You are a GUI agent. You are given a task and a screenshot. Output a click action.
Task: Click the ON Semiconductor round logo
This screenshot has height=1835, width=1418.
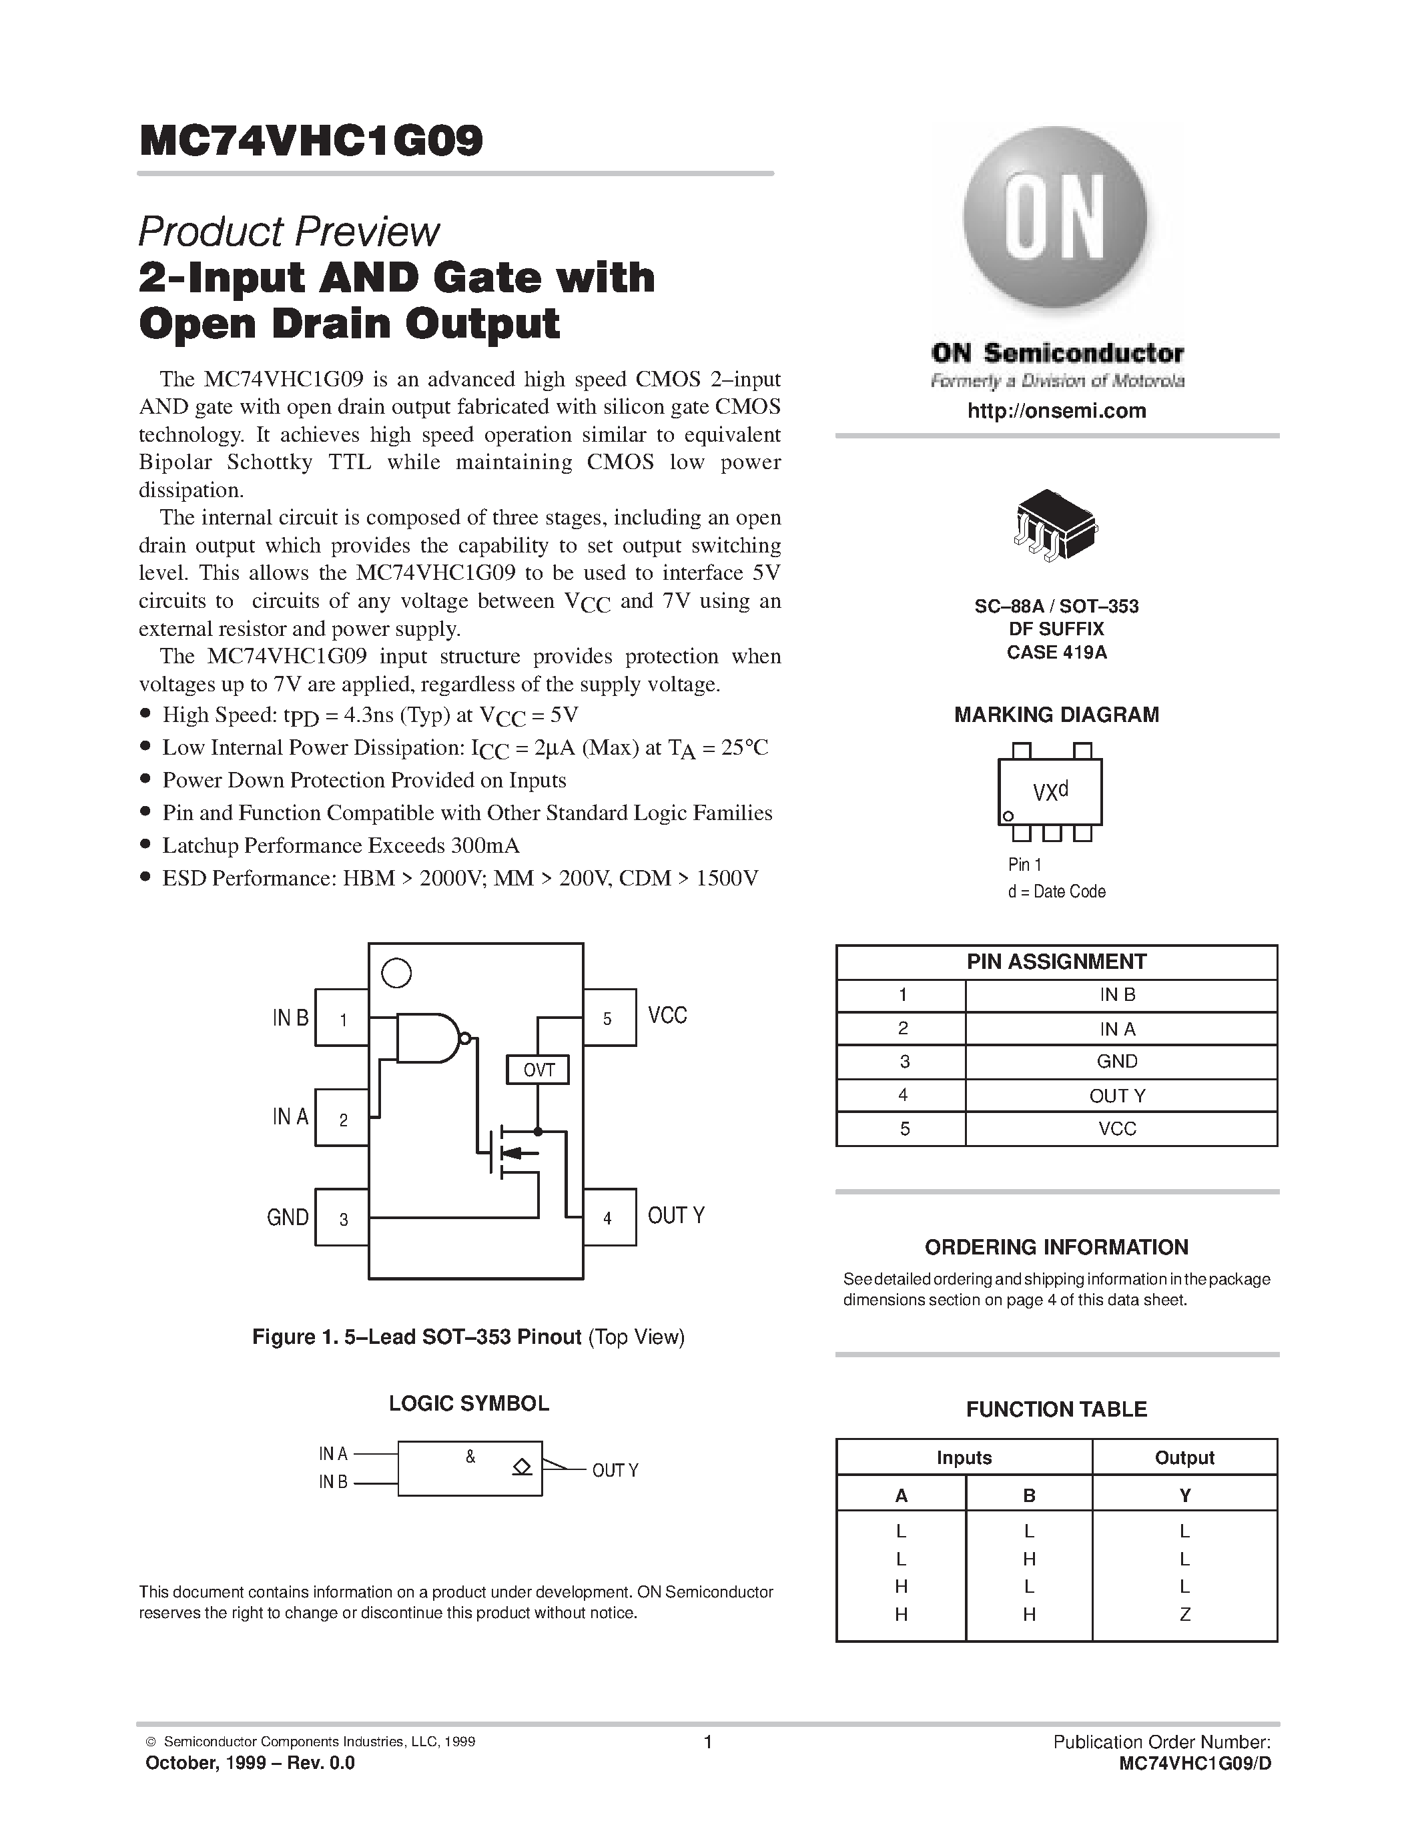[x=1055, y=220]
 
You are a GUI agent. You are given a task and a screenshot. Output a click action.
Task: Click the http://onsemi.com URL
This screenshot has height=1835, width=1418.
[x=1056, y=411]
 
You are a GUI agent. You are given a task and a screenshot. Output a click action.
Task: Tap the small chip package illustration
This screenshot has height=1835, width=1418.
[x=1056, y=525]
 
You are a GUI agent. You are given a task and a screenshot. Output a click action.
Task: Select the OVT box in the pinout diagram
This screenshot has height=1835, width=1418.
[x=538, y=1070]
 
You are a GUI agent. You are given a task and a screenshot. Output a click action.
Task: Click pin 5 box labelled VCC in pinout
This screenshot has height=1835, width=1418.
[x=609, y=1018]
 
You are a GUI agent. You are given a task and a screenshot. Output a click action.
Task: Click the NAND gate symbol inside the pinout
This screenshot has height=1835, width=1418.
[x=430, y=1038]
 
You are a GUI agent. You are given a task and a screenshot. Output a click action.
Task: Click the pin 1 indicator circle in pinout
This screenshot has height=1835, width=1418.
[x=396, y=973]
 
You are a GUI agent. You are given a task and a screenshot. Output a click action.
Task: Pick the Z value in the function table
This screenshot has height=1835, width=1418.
[x=1184, y=1614]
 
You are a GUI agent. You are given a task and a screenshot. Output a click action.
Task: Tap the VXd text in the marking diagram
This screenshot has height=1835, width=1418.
[x=1050, y=791]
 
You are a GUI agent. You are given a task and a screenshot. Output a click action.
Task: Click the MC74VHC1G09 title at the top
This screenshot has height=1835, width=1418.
[x=312, y=141]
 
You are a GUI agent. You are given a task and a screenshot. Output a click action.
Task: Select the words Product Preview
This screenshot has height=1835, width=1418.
[x=288, y=232]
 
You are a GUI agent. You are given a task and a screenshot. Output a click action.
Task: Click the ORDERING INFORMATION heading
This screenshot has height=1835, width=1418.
[x=1056, y=1247]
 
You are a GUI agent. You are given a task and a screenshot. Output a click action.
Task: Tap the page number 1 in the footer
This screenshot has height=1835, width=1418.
[x=708, y=1742]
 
